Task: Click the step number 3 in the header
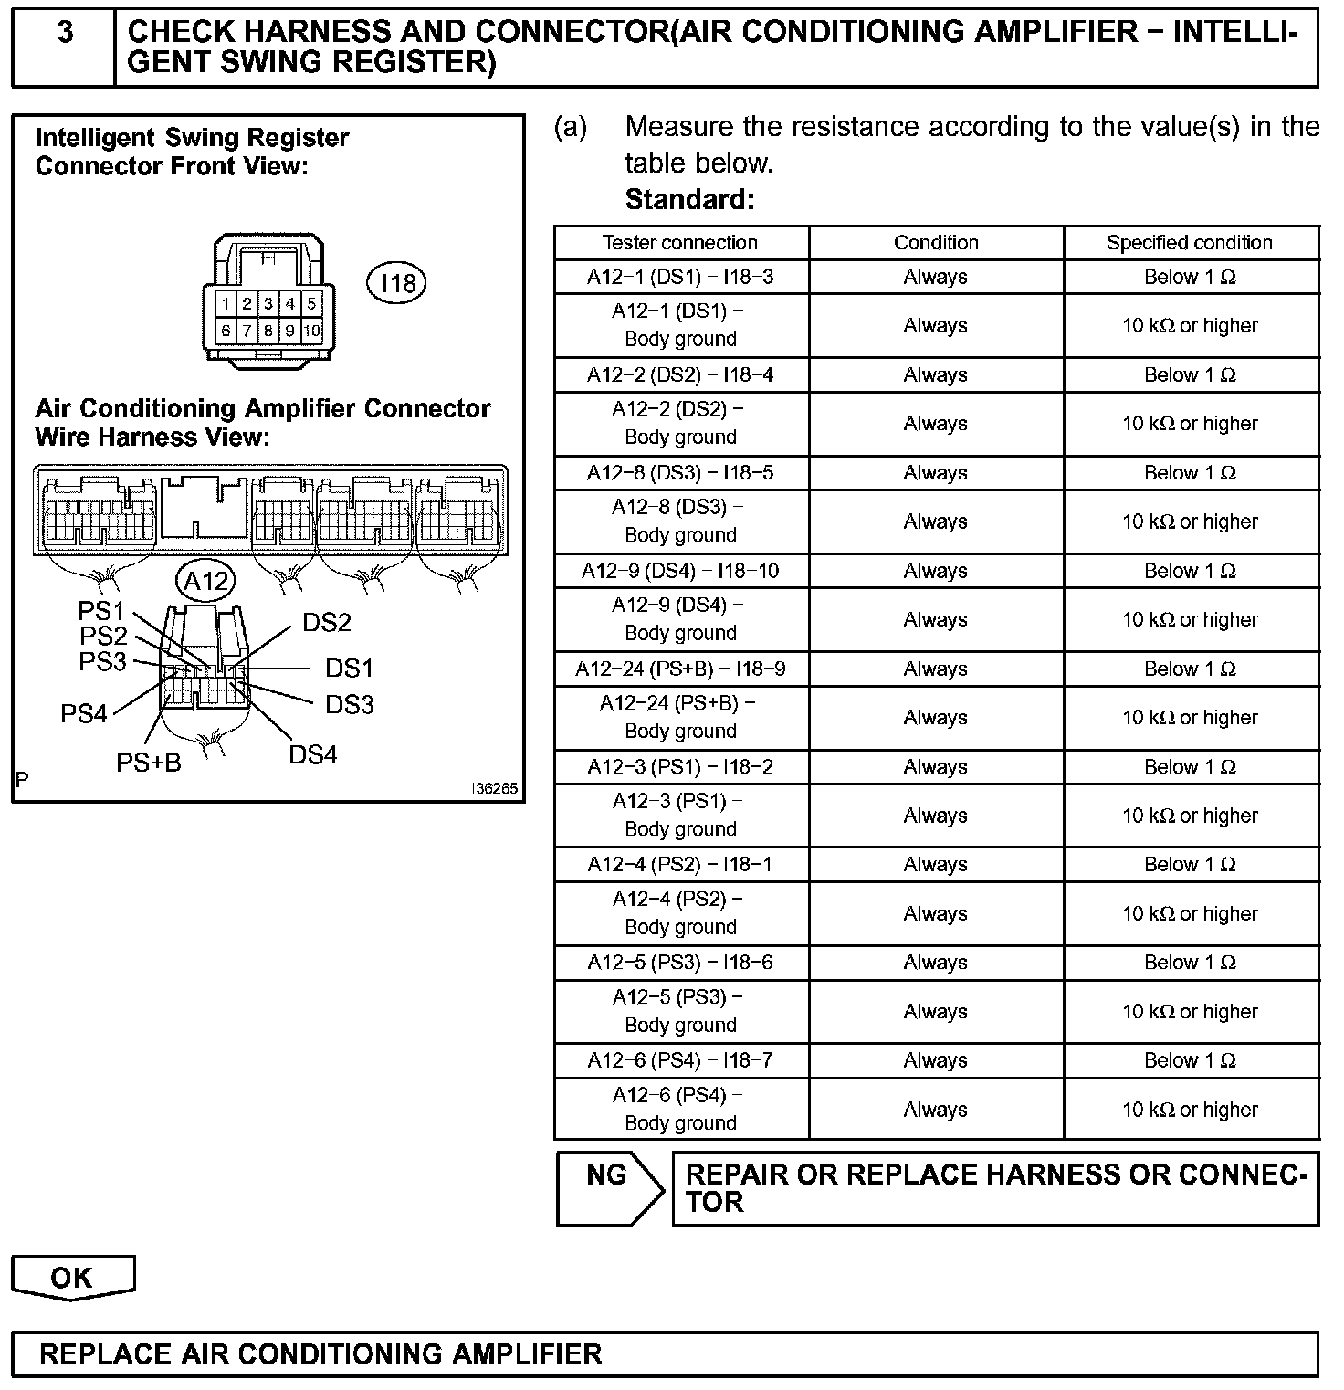coord(65,34)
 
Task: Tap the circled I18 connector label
coord(396,282)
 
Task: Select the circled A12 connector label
coord(205,581)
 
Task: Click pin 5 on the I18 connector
coord(311,303)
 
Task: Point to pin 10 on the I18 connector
coord(311,331)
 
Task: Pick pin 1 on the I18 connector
coord(225,303)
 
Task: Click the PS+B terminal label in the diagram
coord(149,763)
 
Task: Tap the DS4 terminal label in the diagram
coord(313,754)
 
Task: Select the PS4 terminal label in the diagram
coord(83,713)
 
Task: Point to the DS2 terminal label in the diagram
coord(327,623)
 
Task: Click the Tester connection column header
coord(680,243)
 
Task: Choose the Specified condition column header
coord(1190,243)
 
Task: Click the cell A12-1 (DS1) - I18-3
coord(680,277)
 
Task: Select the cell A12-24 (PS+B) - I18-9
coord(680,669)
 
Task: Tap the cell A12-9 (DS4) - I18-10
coord(680,571)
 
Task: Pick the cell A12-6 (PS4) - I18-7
coord(680,1060)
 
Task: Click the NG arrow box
coord(608,1187)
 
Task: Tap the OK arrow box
coord(72,1277)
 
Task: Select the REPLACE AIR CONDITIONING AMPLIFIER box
coord(665,1353)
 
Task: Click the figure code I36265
coord(495,788)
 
